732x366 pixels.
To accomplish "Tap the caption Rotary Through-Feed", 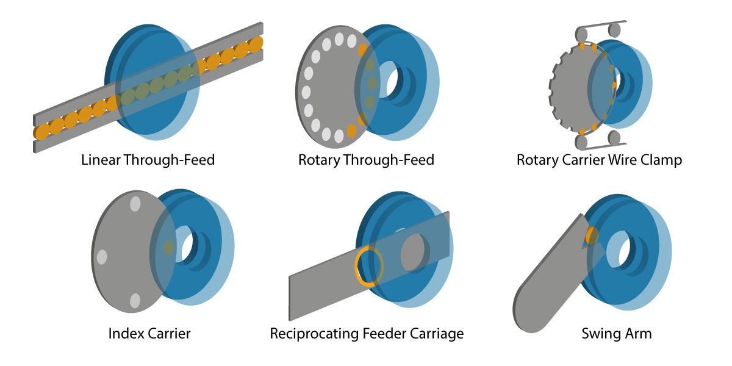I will click(x=366, y=161).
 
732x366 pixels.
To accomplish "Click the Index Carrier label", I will click(x=149, y=334).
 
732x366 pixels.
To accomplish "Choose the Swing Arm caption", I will click(x=616, y=334).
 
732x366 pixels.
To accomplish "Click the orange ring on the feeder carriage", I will click(x=368, y=266).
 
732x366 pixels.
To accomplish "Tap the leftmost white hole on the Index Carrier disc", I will click(x=102, y=257).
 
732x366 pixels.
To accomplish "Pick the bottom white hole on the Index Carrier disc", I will click(x=135, y=301).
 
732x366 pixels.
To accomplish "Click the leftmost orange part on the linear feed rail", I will click(x=41, y=131).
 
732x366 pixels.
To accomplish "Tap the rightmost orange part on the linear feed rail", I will click(x=257, y=43).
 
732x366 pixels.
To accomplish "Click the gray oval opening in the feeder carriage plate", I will click(x=413, y=251).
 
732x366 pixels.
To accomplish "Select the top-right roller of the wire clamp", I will click(x=615, y=30).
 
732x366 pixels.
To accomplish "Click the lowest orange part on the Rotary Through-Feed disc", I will click(x=351, y=130).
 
